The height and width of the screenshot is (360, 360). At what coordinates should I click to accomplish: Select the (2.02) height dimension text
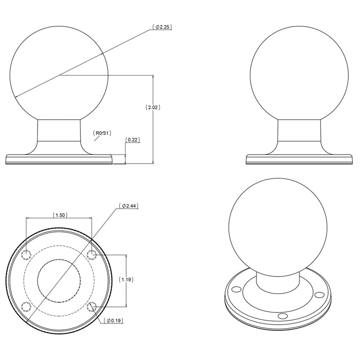click(x=153, y=107)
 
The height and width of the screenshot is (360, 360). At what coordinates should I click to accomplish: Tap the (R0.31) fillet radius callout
click(x=103, y=133)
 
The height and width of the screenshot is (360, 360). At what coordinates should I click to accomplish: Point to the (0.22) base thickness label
click(x=132, y=140)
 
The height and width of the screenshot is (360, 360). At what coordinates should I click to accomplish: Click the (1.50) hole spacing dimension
click(x=59, y=215)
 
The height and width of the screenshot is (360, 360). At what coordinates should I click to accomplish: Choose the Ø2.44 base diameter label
click(x=129, y=206)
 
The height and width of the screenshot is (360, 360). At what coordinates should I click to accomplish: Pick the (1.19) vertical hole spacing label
click(x=126, y=279)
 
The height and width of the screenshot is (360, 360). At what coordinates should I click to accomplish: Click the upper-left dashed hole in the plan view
click(x=26, y=255)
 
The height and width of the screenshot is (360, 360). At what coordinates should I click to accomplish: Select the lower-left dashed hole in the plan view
click(x=26, y=307)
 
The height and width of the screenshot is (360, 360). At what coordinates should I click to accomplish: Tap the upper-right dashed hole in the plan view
click(x=92, y=255)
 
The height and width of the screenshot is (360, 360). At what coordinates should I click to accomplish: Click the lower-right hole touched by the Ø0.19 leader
click(x=92, y=307)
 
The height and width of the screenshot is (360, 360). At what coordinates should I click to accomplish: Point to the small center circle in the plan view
click(x=59, y=280)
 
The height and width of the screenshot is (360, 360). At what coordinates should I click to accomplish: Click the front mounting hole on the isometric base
click(x=283, y=316)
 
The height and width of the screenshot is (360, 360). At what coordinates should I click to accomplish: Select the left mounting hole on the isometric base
click(x=236, y=289)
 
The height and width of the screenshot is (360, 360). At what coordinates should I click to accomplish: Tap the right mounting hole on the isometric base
click(x=319, y=295)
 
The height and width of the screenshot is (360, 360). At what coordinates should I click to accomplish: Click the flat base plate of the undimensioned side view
click(x=299, y=159)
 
